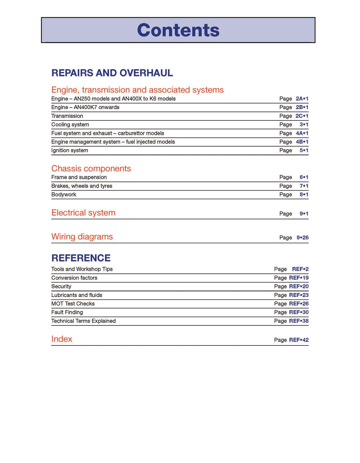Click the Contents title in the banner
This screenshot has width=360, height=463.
(178, 30)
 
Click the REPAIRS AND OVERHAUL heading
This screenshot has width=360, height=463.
(112, 73)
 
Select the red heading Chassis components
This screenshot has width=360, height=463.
(91, 169)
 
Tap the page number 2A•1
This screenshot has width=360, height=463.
(302, 99)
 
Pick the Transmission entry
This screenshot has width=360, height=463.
(67, 116)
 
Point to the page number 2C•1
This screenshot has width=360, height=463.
(302, 116)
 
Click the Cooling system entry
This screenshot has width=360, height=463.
(70, 125)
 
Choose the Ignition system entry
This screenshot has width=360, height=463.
(70, 150)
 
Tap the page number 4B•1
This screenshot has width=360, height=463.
(302, 142)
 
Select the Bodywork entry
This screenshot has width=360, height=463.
(64, 194)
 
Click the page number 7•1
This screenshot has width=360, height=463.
(304, 186)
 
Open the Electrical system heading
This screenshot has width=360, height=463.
(83, 213)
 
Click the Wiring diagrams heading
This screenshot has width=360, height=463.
(82, 237)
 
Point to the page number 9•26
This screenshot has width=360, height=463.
(302, 238)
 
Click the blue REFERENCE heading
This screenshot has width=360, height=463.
(81, 258)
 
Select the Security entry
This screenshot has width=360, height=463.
(61, 286)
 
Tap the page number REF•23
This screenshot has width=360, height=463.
(299, 295)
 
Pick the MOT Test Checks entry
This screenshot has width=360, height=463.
(73, 304)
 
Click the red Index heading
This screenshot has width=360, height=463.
(62, 339)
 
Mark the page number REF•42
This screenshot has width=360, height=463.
(299, 340)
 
